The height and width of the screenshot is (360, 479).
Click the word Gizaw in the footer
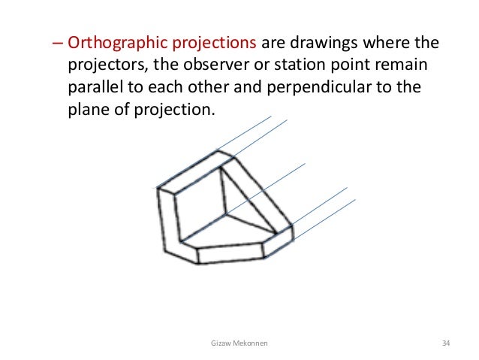pyautogui.click(x=223, y=343)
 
